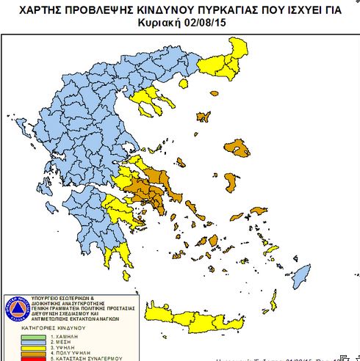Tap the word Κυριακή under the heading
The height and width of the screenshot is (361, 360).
[x=161, y=22]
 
